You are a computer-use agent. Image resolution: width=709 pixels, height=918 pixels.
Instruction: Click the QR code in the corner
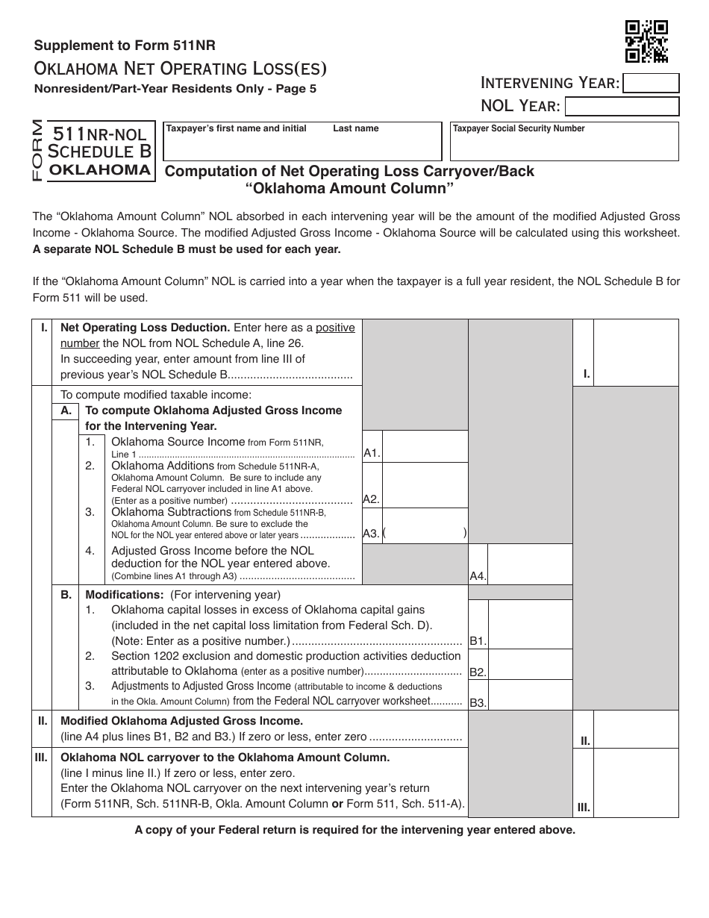(646, 41)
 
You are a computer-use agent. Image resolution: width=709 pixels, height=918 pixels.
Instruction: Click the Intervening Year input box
(650, 83)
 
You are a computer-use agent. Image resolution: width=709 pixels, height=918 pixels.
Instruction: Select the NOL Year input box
(622, 106)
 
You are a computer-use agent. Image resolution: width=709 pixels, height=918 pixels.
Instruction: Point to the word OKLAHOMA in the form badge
(100, 169)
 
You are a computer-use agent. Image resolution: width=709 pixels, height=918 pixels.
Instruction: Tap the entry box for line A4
(530, 564)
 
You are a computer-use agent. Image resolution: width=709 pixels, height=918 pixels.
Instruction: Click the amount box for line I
(636, 352)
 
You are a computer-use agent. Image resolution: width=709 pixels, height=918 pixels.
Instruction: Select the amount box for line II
(636, 728)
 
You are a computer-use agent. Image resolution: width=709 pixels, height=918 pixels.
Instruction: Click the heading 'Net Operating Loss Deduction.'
(145, 328)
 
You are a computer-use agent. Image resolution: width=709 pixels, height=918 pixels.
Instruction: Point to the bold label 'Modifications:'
(125, 595)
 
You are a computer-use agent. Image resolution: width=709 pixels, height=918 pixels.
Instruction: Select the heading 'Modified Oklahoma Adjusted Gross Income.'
(181, 721)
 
